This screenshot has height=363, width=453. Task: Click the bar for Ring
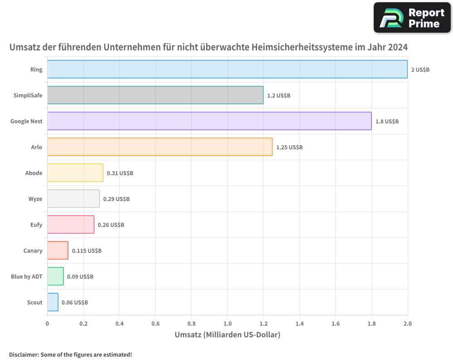click(x=227, y=69)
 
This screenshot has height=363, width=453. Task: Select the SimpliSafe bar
click(x=155, y=95)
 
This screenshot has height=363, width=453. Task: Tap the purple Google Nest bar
click(x=209, y=121)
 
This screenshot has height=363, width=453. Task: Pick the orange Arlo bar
click(x=159, y=147)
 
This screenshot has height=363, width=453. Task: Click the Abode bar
click(x=75, y=173)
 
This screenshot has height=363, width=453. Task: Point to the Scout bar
click(x=53, y=302)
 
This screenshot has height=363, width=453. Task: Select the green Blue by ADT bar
click(x=55, y=276)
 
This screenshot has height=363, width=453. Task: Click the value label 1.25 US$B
click(x=289, y=147)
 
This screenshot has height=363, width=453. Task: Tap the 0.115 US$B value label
click(x=87, y=251)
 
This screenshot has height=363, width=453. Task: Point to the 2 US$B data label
click(x=420, y=70)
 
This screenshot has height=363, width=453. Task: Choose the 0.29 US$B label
click(x=116, y=199)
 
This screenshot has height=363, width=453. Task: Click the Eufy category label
click(x=36, y=225)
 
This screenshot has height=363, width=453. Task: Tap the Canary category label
click(x=33, y=250)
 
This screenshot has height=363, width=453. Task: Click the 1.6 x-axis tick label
click(x=335, y=324)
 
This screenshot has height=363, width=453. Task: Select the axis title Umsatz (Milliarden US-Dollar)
click(x=227, y=335)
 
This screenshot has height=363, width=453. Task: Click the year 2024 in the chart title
click(x=397, y=47)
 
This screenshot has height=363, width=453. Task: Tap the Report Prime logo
click(x=412, y=18)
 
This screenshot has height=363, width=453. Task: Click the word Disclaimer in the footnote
click(x=24, y=354)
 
